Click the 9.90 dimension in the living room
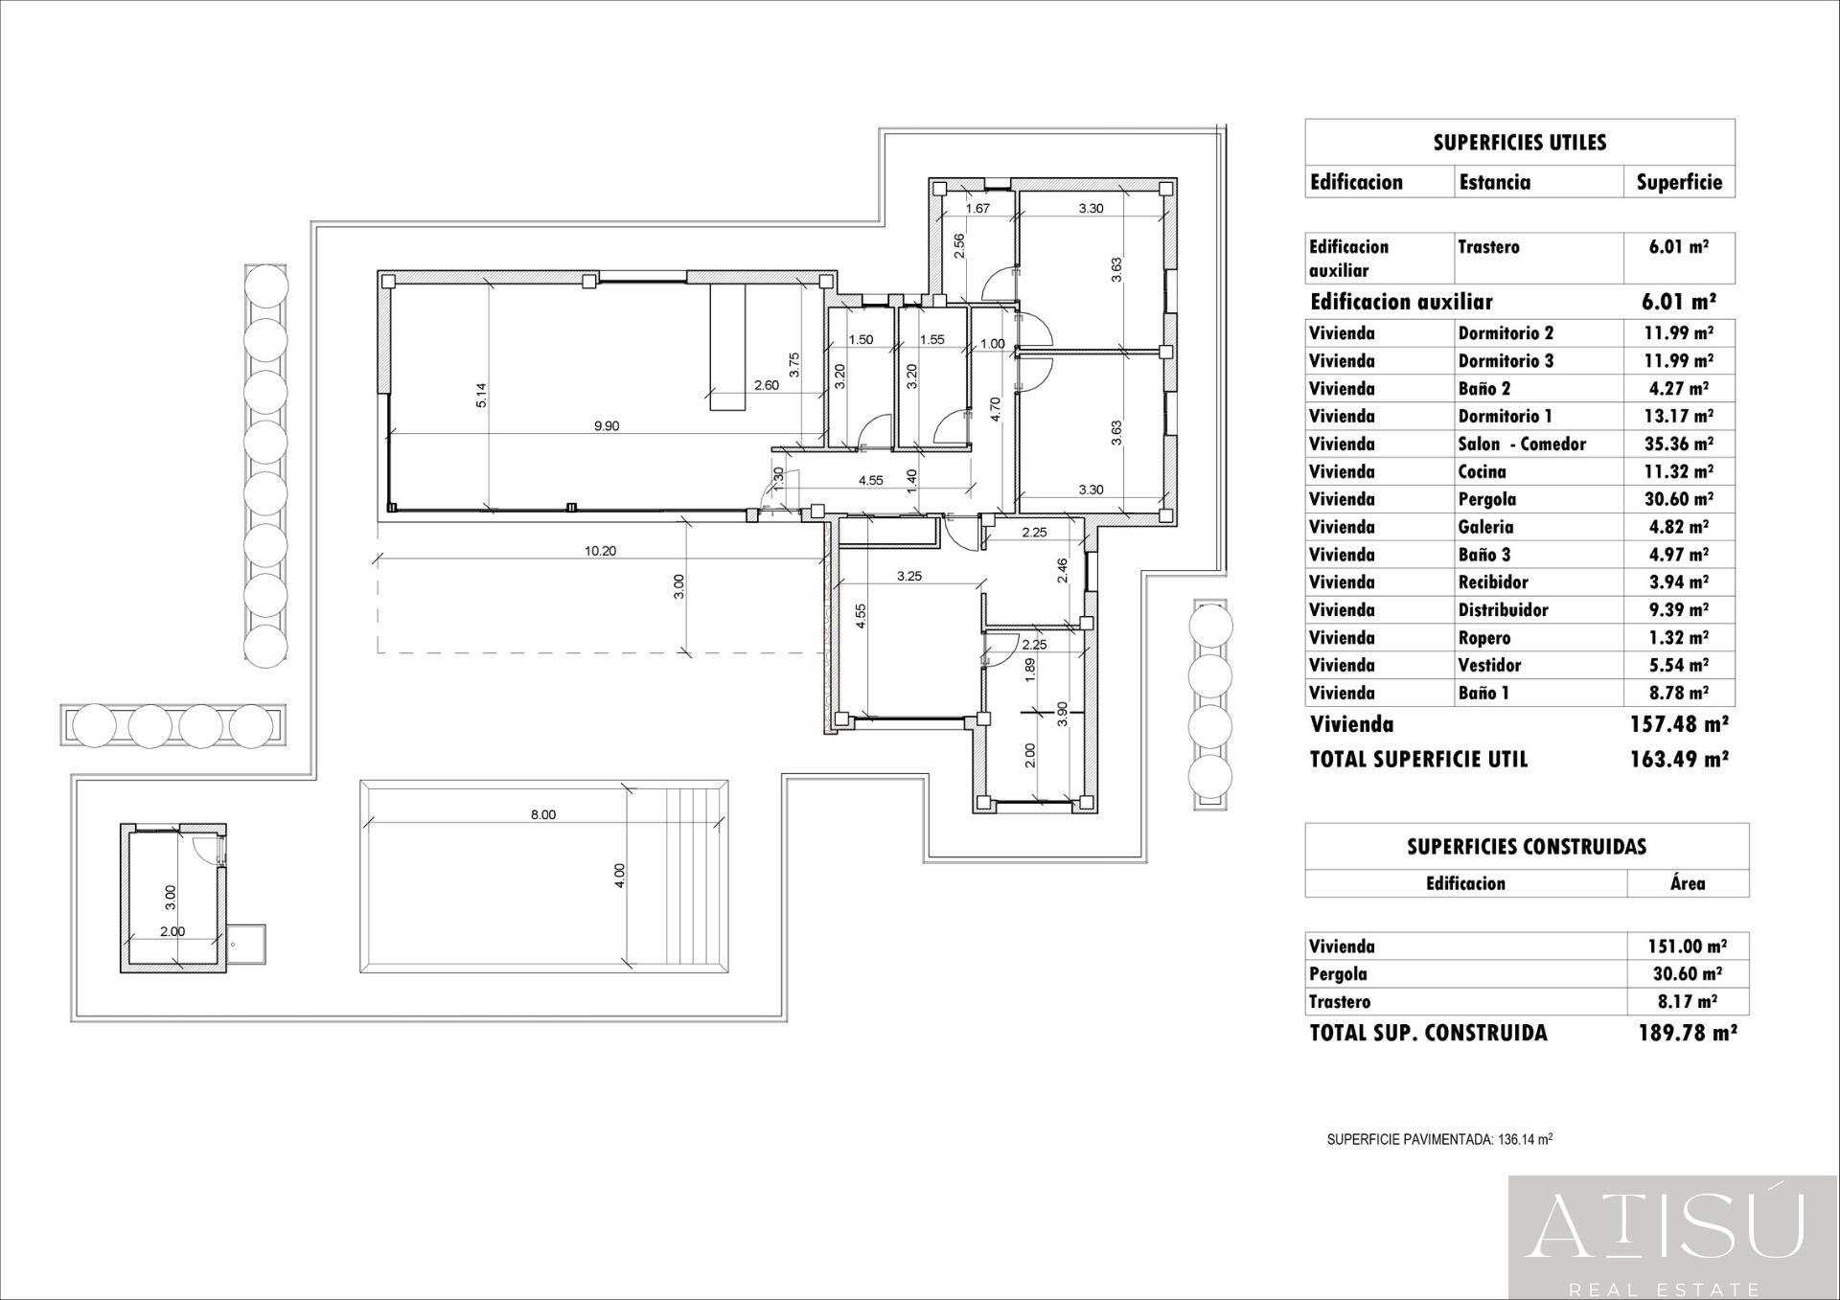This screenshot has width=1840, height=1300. pos(606,426)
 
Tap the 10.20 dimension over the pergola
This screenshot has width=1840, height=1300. pos(599,551)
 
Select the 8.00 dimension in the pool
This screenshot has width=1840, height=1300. pos(542,815)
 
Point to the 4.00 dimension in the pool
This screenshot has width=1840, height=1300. pos(619,876)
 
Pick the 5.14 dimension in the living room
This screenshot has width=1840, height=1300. pos(481,395)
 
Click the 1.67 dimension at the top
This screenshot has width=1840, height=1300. pos(977,208)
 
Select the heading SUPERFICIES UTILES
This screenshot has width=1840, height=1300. pos(1519,143)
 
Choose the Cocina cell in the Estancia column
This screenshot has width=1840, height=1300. pos(1482,471)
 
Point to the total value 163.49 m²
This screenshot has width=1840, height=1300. pos(1678,760)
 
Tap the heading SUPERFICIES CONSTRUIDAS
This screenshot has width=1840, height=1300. pos(1526,847)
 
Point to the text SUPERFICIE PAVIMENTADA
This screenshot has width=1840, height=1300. pos(1409,1140)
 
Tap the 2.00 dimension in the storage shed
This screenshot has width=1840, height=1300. pos(172,931)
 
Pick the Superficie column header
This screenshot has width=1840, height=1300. pos(1678,182)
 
